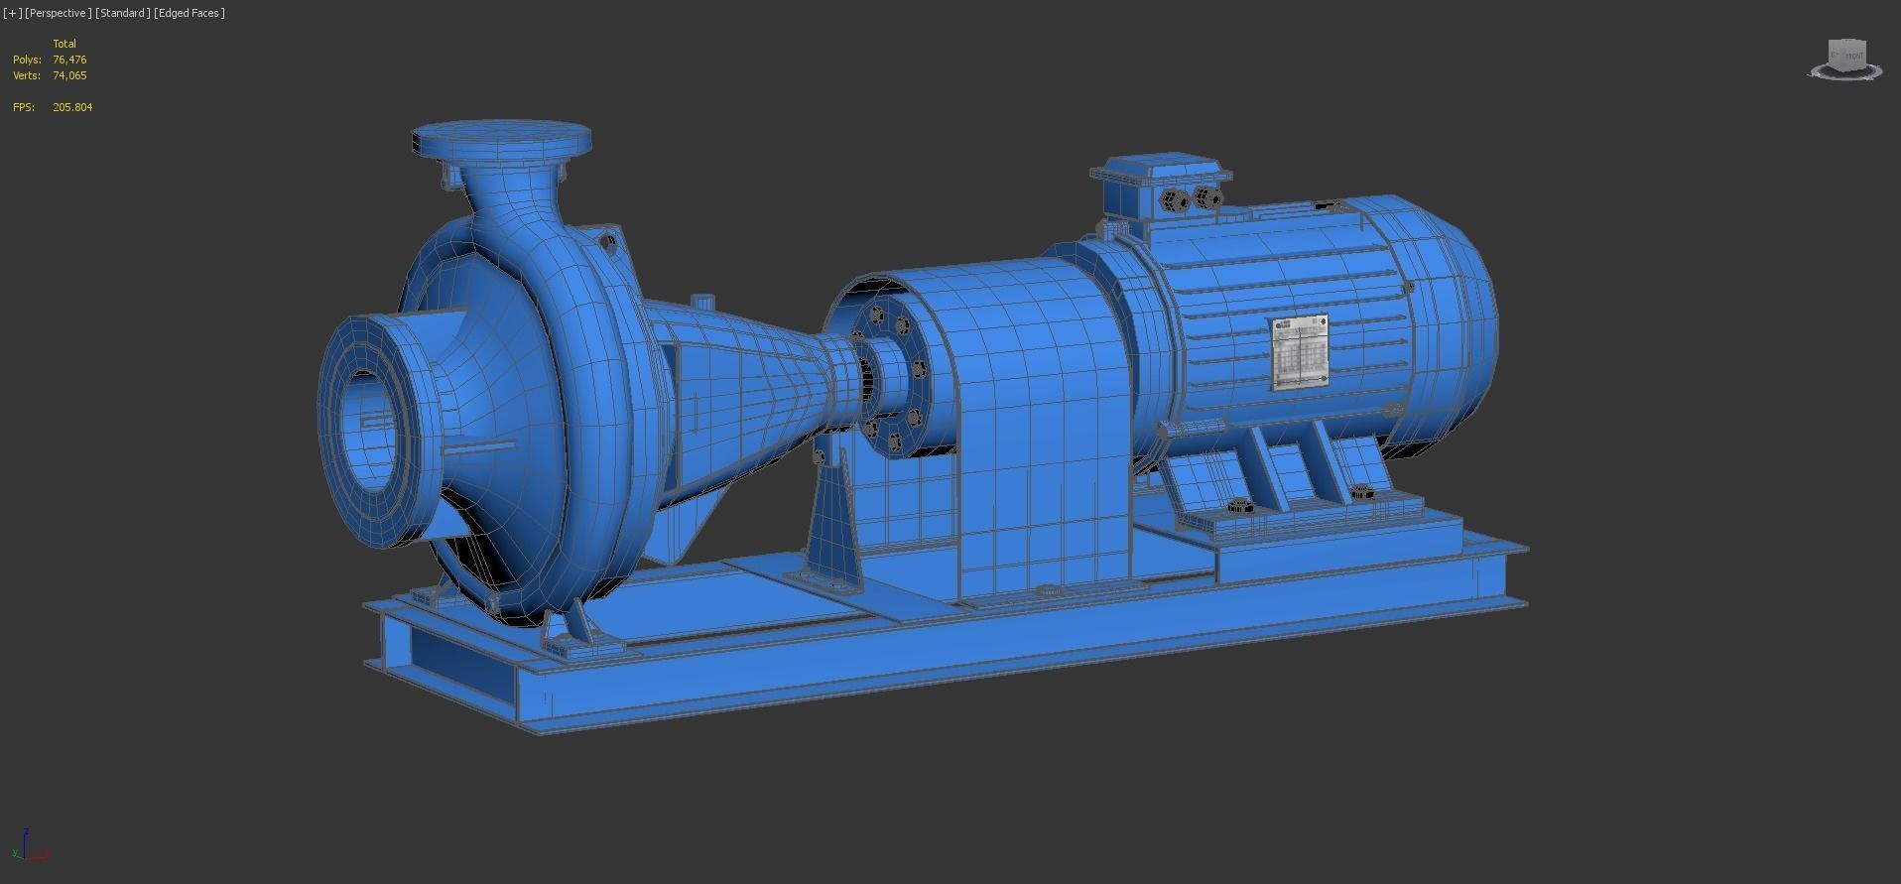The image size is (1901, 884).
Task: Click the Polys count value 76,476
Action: pyautogui.click(x=69, y=60)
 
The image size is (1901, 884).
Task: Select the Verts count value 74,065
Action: pyautogui.click(x=69, y=75)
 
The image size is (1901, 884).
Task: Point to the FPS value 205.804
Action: pyautogui.click(x=72, y=107)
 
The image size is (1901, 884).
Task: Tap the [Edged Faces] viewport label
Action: pyautogui.click(x=190, y=13)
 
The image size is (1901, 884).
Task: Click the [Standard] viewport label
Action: pyautogui.click(x=123, y=13)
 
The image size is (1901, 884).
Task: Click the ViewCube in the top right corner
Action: pyautogui.click(x=1846, y=59)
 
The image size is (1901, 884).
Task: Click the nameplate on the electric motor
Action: pyautogui.click(x=1300, y=351)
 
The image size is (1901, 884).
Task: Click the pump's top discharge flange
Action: pyautogui.click(x=501, y=140)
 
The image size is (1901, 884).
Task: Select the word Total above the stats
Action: pyautogui.click(x=64, y=44)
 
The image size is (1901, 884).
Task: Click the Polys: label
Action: pyautogui.click(x=27, y=60)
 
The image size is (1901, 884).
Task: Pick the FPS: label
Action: pyautogui.click(x=23, y=107)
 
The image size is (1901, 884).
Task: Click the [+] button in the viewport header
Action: pyautogui.click(x=12, y=13)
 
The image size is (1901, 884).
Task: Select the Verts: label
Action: pyautogui.click(x=27, y=75)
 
